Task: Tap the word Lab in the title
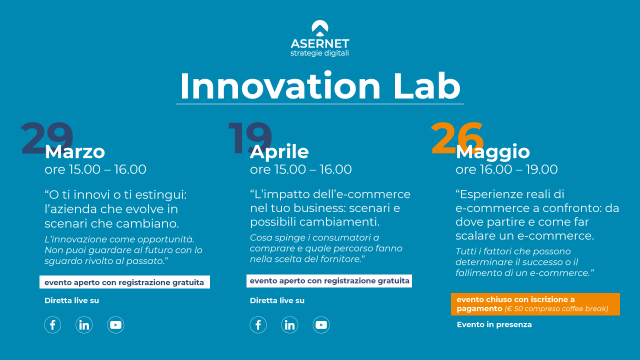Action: [x=427, y=86]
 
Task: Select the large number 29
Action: [x=46, y=138]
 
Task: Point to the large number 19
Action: [x=249, y=138]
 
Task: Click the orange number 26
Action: [x=457, y=138]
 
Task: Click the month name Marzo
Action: [x=75, y=151]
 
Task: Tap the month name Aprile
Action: [x=279, y=151]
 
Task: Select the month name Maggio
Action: [x=492, y=152]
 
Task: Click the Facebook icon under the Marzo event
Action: [x=52, y=325]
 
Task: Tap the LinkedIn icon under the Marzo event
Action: [x=84, y=325]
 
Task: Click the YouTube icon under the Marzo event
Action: [x=115, y=325]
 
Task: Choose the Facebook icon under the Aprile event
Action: [x=258, y=325]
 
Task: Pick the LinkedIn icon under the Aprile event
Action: [x=289, y=325]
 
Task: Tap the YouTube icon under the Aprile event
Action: [x=321, y=325]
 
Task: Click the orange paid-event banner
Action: [x=535, y=304]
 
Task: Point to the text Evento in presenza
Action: [x=494, y=324]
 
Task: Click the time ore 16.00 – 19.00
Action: [x=506, y=169]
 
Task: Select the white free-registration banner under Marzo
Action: [x=124, y=282]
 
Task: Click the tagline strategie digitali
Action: [x=319, y=53]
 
